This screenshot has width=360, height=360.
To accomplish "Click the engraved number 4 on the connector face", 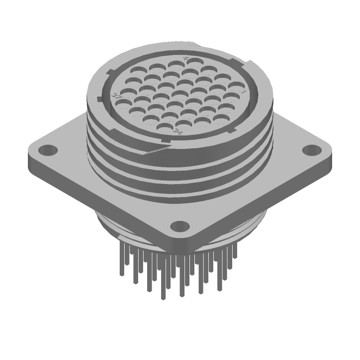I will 186,59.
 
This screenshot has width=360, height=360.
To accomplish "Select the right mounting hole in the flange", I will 310,149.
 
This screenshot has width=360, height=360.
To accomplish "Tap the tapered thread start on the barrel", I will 157,151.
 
